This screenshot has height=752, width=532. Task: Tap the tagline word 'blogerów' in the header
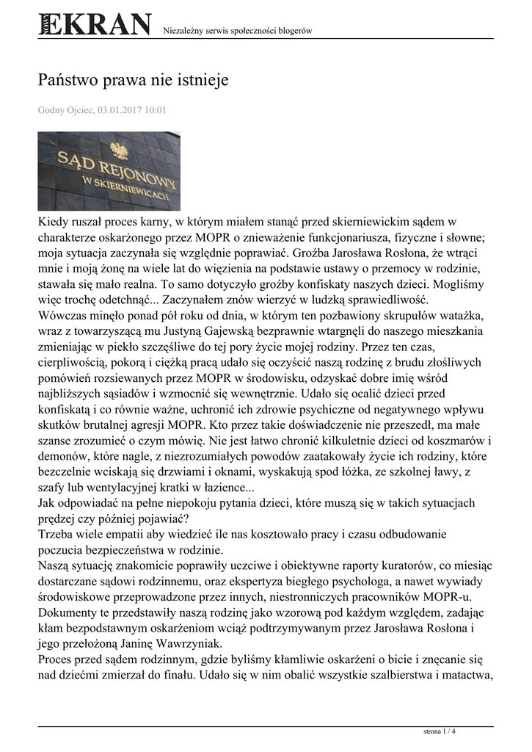[x=294, y=31]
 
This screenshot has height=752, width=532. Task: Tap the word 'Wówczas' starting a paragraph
[x=62, y=317]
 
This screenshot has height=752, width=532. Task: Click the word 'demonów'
[x=65, y=456]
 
